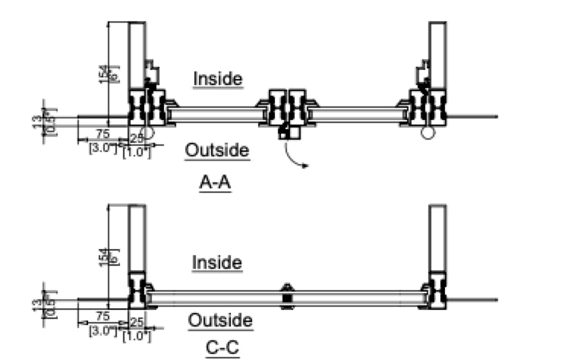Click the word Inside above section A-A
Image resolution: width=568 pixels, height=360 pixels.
click(x=217, y=78)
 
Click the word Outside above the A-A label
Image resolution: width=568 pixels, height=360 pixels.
click(x=217, y=150)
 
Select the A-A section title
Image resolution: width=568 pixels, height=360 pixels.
click(x=216, y=182)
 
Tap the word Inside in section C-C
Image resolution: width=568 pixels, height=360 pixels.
click(x=217, y=263)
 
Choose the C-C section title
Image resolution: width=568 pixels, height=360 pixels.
click(x=222, y=349)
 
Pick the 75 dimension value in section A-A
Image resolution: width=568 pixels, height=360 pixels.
click(x=102, y=134)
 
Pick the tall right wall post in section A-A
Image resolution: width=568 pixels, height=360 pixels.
click(x=437, y=53)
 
